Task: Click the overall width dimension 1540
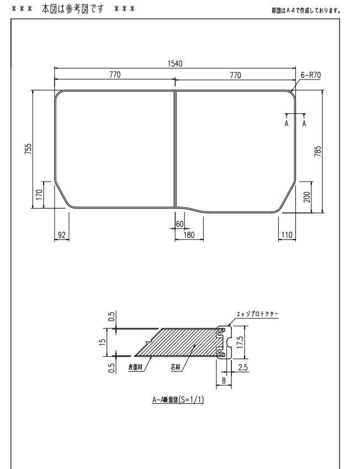click(175, 64)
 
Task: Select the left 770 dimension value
click(114, 75)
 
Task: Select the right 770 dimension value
click(235, 75)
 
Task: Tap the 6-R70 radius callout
click(311, 75)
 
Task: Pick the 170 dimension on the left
click(39, 194)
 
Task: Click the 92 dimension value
click(62, 235)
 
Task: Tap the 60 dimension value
click(179, 224)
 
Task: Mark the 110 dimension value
click(287, 235)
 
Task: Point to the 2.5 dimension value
click(242, 367)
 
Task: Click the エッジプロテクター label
click(257, 313)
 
